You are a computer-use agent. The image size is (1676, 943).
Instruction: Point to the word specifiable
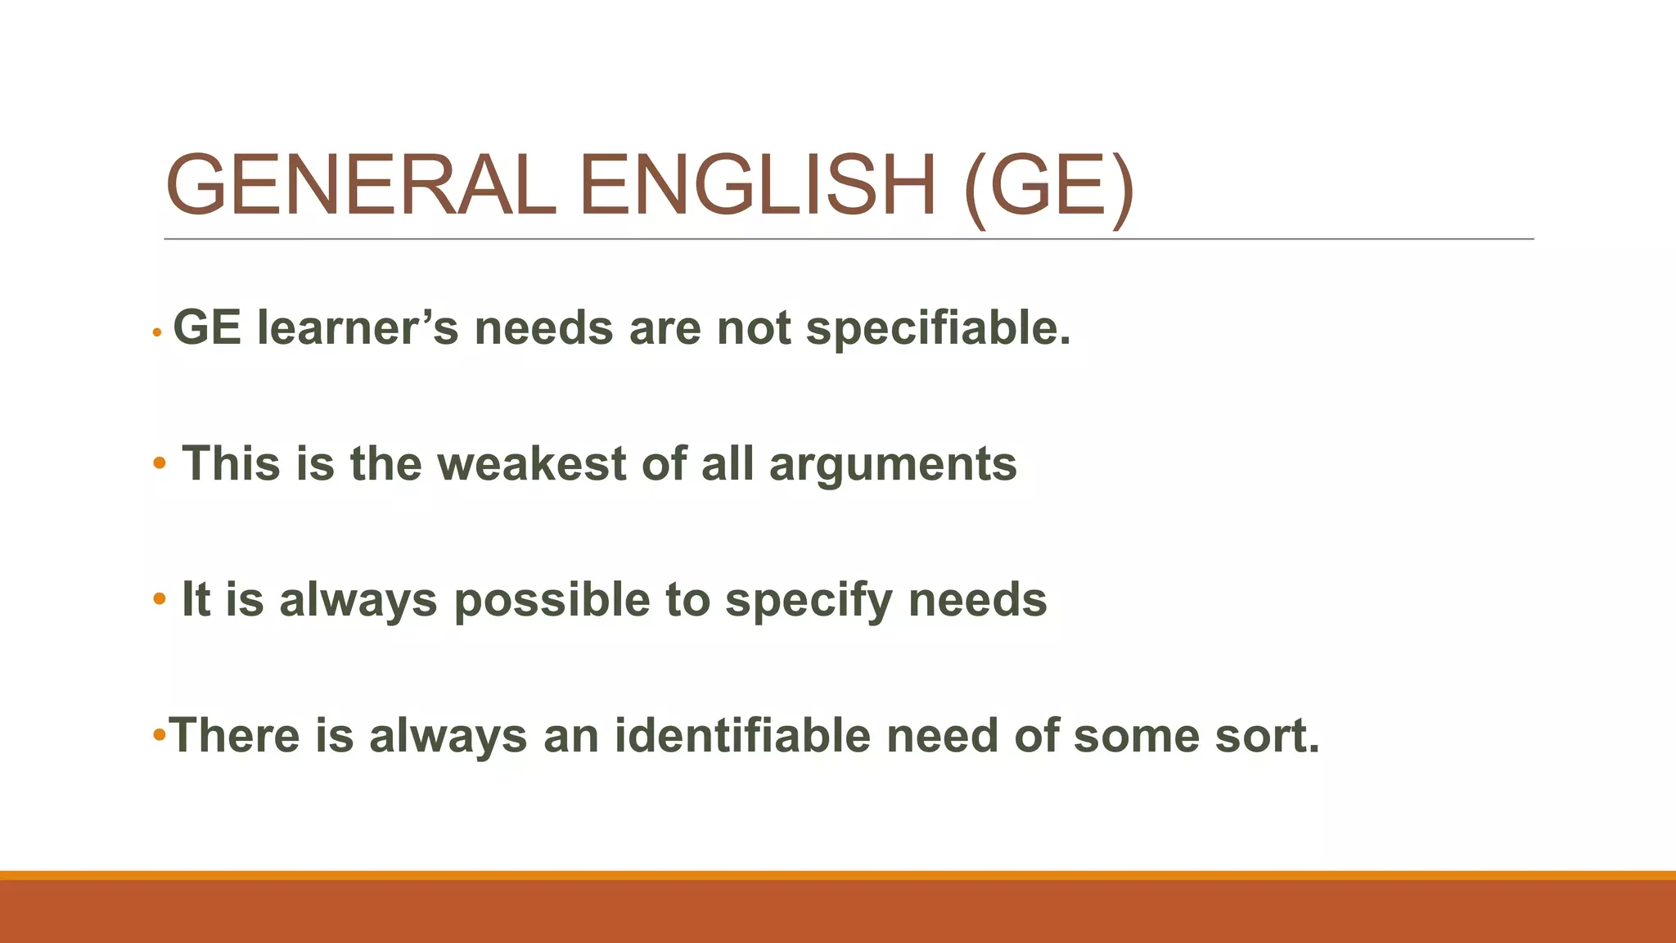pyautogui.click(x=939, y=328)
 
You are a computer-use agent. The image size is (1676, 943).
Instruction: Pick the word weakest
pyautogui.click(x=532, y=463)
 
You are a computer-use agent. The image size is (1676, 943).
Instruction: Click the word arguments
pyautogui.click(x=893, y=465)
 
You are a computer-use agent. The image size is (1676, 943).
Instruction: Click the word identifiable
pyautogui.click(x=742, y=735)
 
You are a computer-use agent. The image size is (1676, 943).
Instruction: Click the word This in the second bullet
pyautogui.click(x=231, y=463)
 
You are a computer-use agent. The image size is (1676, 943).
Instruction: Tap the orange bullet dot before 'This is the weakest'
pyautogui.click(x=160, y=464)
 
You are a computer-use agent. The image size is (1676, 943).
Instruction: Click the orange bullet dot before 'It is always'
pyautogui.click(x=160, y=599)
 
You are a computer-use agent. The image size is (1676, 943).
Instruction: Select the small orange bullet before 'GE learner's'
pyautogui.click(x=157, y=332)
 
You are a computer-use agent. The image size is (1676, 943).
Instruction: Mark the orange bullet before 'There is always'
pyautogui.click(x=160, y=732)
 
